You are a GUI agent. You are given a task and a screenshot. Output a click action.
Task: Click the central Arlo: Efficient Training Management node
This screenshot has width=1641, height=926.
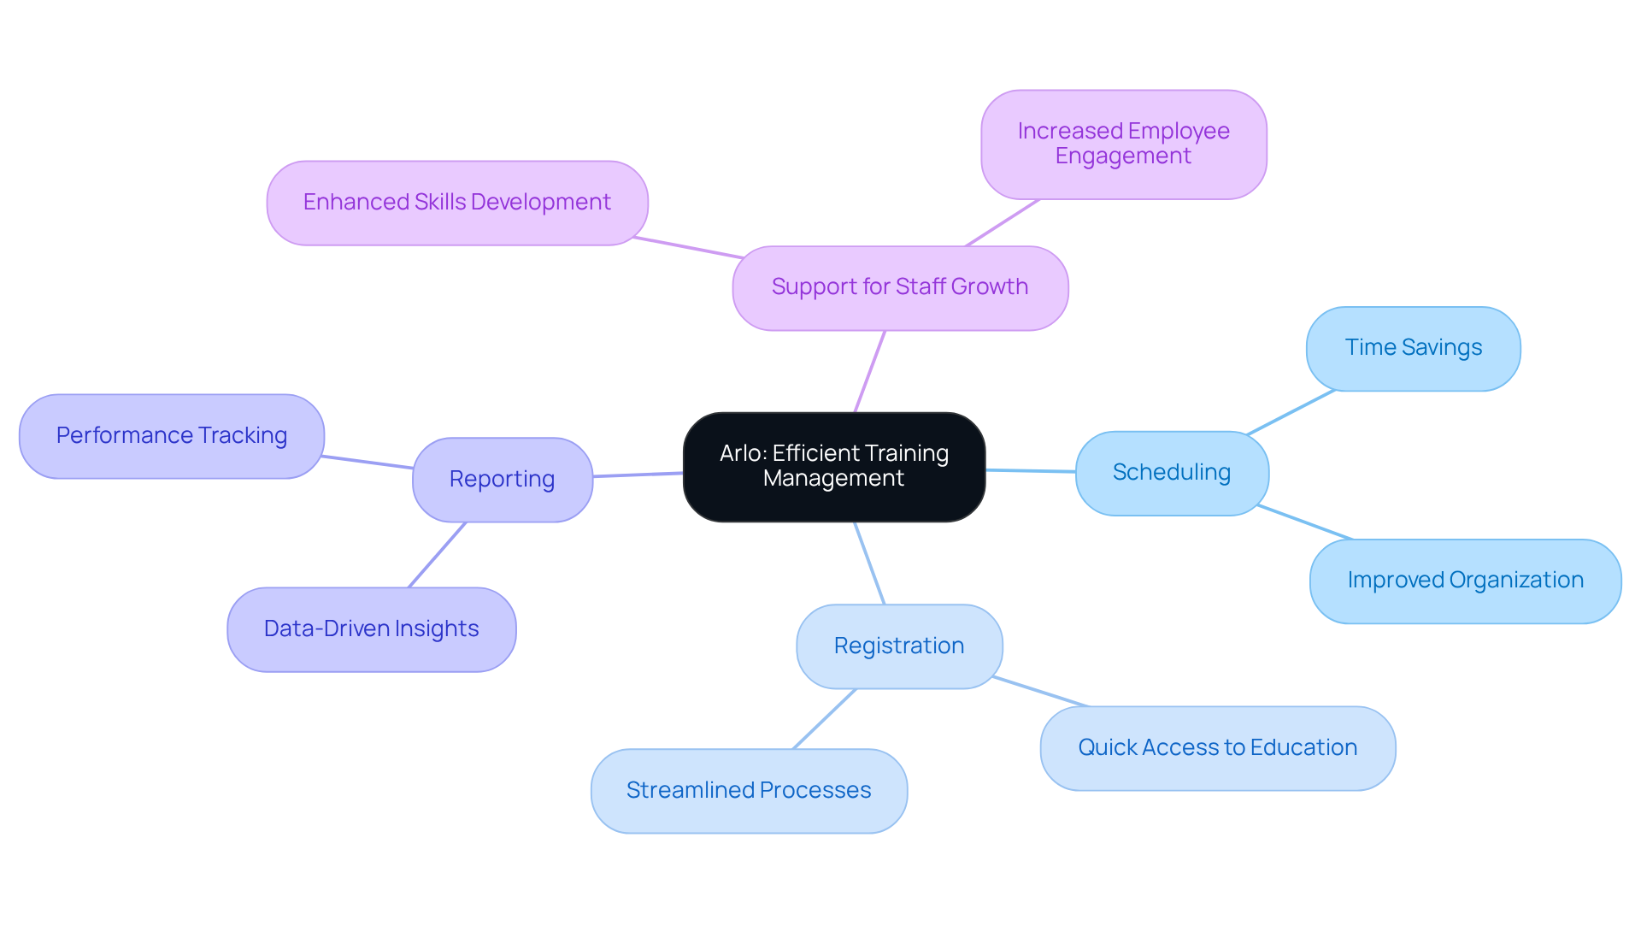(x=833, y=467)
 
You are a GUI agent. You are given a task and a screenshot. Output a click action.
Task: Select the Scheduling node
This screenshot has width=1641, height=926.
(x=1171, y=473)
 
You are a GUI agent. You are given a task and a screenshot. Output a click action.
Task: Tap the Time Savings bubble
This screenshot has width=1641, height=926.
(x=1413, y=348)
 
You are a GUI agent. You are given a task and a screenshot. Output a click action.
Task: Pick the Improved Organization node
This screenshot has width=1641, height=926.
(x=1465, y=581)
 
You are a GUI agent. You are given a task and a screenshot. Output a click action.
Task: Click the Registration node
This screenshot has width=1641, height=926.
(x=898, y=646)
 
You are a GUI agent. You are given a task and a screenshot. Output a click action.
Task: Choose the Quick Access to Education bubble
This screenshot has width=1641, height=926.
(x=1217, y=748)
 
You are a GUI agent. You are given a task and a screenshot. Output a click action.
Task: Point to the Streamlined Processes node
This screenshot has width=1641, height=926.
(x=749, y=791)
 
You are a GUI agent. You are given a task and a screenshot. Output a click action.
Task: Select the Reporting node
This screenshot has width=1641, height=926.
(x=502, y=480)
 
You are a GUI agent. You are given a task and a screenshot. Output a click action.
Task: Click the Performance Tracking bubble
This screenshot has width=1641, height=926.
(x=171, y=436)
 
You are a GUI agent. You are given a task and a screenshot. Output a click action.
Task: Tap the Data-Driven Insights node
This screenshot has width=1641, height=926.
(x=371, y=629)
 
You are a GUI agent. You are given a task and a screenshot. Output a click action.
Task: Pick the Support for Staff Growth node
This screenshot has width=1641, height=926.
(x=899, y=287)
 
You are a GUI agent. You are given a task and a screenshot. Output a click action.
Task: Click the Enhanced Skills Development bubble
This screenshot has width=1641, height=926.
(x=456, y=203)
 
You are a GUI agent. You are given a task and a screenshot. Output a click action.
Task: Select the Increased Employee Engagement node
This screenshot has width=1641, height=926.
(x=1123, y=144)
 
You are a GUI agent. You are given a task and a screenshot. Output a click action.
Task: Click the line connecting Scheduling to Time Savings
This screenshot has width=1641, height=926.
(x=1291, y=412)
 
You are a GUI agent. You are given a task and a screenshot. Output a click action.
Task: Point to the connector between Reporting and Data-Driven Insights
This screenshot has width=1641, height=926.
(x=437, y=555)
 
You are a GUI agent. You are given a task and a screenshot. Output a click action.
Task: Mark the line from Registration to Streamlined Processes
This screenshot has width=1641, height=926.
(x=825, y=719)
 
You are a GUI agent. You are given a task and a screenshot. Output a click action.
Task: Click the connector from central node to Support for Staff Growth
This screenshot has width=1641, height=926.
(x=870, y=371)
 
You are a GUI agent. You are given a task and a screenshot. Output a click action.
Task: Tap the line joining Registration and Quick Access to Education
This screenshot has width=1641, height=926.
(x=1041, y=692)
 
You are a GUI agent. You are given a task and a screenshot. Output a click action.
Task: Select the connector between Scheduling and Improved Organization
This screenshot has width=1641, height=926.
(x=1305, y=522)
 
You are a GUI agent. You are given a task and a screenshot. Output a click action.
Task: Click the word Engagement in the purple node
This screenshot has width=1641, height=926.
(x=1122, y=156)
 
